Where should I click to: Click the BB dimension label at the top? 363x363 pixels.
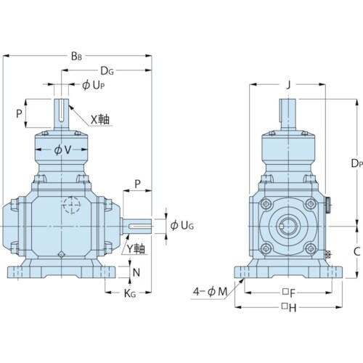tap(76, 57)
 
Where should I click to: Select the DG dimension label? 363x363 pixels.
tap(107, 71)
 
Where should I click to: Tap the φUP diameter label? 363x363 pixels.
tap(94, 85)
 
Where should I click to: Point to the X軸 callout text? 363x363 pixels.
tap(100, 120)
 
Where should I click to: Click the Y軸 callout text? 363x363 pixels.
tap(136, 248)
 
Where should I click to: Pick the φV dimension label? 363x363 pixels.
tap(62, 150)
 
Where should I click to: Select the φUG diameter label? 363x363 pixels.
tap(182, 226)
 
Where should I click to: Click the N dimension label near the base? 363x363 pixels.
tap(136, 273)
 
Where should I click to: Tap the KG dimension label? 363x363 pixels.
tap(130, 293)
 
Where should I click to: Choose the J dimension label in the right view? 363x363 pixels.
tap(288, 85)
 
